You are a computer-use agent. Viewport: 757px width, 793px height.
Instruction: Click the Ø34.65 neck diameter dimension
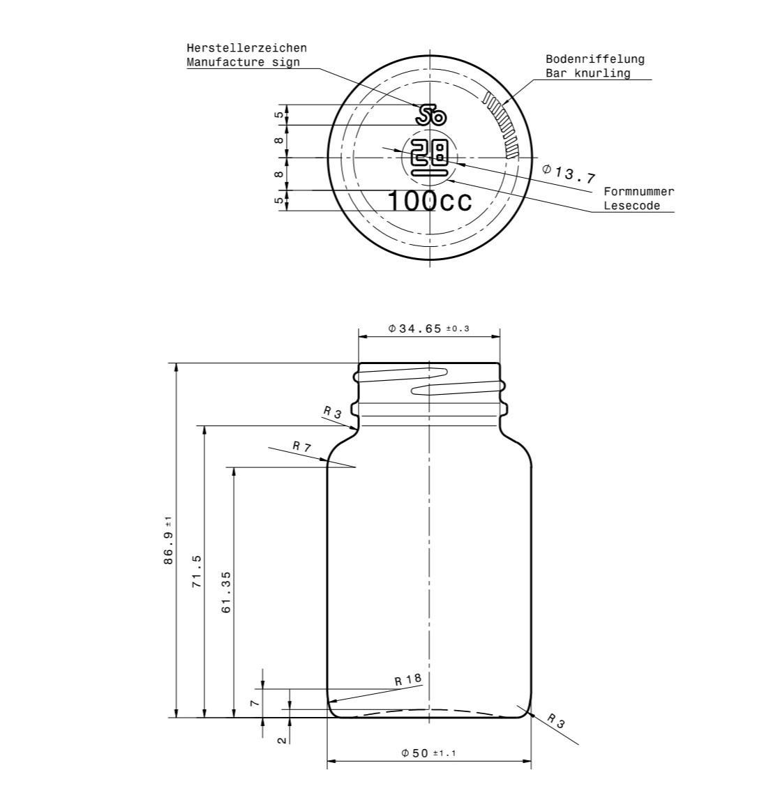(x=428, y=328)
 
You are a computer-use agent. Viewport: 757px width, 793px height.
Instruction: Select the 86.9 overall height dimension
(x=168, y=540)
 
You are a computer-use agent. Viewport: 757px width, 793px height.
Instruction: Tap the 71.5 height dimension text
(x=197, y=571)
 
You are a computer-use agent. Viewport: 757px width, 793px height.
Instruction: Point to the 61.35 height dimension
(x=226, y=591)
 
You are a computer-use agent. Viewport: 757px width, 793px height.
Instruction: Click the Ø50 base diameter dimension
(x=428, y=753)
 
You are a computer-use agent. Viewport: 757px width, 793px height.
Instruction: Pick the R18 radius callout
(x=408, y=679)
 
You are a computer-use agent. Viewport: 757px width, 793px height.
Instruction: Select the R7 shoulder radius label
(x=301, y=446)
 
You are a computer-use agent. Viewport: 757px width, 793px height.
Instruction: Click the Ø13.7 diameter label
(x=568, y=174)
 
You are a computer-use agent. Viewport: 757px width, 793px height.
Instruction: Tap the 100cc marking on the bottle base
(x=430, y=202)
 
